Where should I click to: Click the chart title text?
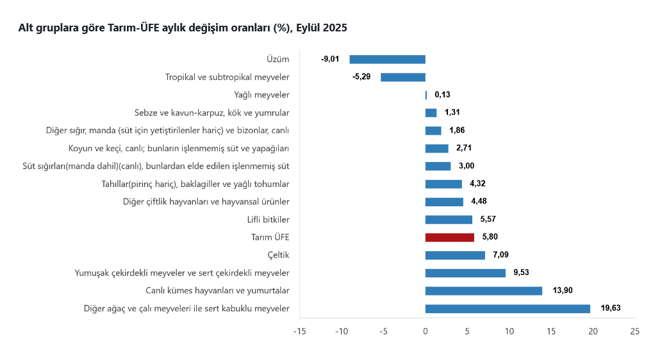coord(183,28)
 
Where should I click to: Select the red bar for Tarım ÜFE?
coord(450,237)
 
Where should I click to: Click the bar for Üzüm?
coord(388,60)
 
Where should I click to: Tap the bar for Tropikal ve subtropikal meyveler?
coord(403,78)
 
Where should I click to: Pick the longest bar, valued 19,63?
coord(508,309)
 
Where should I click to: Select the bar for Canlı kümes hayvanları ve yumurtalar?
coord(484,291)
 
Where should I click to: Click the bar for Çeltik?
coord(455,255)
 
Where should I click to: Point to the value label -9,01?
coord(330,60)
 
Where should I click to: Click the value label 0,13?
coord(442,95)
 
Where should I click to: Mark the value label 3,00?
coord(467,166)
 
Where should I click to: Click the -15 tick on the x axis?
coord(299,331)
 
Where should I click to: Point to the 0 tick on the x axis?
coord(426,331)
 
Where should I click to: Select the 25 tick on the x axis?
coord(634,331)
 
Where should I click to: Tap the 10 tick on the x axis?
coord(509,331)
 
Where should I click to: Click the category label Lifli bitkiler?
coord(268,220)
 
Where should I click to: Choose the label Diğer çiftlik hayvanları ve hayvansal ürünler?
coord(206,202)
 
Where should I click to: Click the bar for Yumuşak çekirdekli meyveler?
coord(465,273)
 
